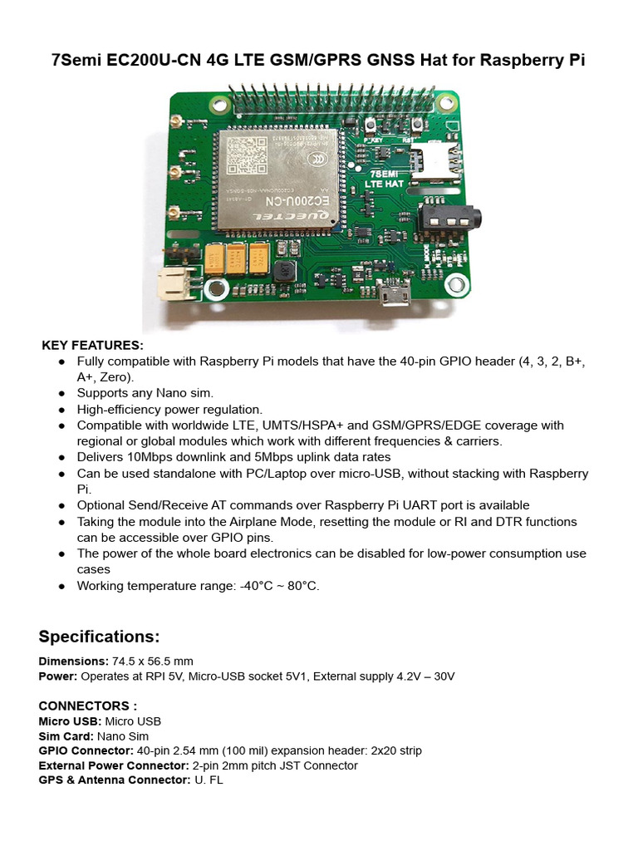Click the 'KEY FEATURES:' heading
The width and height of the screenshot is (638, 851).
(93, 345)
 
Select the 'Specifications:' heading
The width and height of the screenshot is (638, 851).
(99, 637)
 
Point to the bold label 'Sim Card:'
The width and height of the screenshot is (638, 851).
(66, 735)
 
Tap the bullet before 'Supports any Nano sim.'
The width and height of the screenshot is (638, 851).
(62, 393)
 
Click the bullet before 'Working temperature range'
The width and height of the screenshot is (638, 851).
(62, 586)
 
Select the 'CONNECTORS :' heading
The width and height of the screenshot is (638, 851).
(88, 706)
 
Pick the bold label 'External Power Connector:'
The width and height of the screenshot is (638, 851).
(114, 765)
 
